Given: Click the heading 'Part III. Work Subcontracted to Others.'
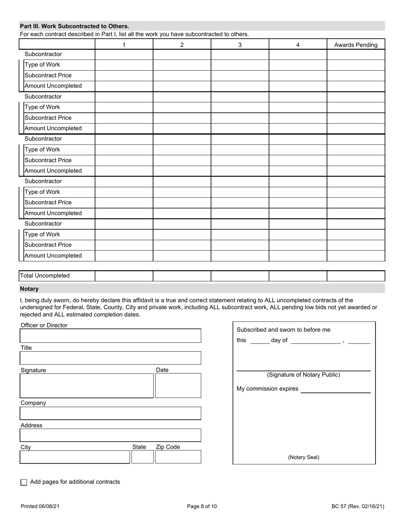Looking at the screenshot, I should coord(74,26).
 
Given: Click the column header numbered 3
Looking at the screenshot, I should coord(240,45).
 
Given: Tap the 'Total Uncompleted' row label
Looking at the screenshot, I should coord(45,276).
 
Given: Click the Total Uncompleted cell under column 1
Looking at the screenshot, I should coord(124,276).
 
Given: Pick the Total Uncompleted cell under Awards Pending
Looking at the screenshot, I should coord(356,276).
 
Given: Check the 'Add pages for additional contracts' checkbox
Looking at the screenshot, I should coord(24,482).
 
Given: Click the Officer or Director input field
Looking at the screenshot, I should coord(111,335).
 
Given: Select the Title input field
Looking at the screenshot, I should coord(111,358).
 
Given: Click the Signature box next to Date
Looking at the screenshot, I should coord(87,386).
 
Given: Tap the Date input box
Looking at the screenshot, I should coord(178,386).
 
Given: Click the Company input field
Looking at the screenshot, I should coord(111,413).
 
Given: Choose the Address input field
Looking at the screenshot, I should coord(111,435).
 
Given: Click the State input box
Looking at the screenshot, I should coord(142,457).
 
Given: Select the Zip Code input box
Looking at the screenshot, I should coord(178,457).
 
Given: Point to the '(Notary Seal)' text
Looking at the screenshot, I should coord(304,458).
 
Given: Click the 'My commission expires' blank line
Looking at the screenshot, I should coord(336,390).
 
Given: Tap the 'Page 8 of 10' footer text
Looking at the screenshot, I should coord(202,506).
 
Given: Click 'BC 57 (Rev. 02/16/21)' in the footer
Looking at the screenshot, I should coord(358,506).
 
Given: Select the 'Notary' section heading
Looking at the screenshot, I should coord(29,289).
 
